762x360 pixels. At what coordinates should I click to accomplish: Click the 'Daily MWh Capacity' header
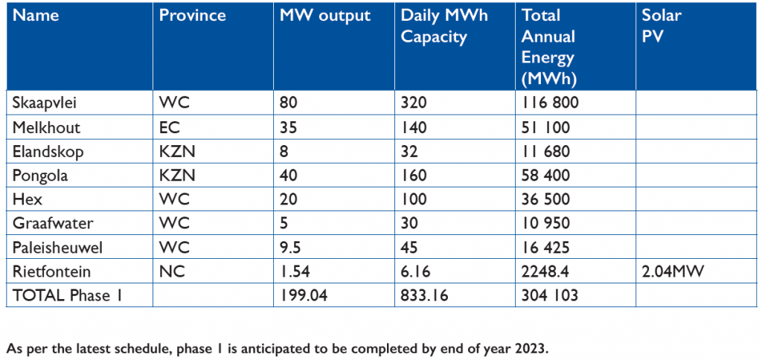point(444,27)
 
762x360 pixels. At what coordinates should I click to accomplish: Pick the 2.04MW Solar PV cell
point(673,271)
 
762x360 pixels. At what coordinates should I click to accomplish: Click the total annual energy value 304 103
point(550,295)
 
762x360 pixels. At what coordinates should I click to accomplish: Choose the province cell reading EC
point(169,127)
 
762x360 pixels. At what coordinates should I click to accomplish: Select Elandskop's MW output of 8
point(284,151)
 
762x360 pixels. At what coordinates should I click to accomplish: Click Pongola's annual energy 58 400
point(546,176)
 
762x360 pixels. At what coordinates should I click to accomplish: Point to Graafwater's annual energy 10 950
point(546,223)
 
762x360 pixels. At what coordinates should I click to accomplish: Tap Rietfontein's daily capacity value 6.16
point(416,271)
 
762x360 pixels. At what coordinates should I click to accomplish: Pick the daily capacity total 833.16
point(426,295)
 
